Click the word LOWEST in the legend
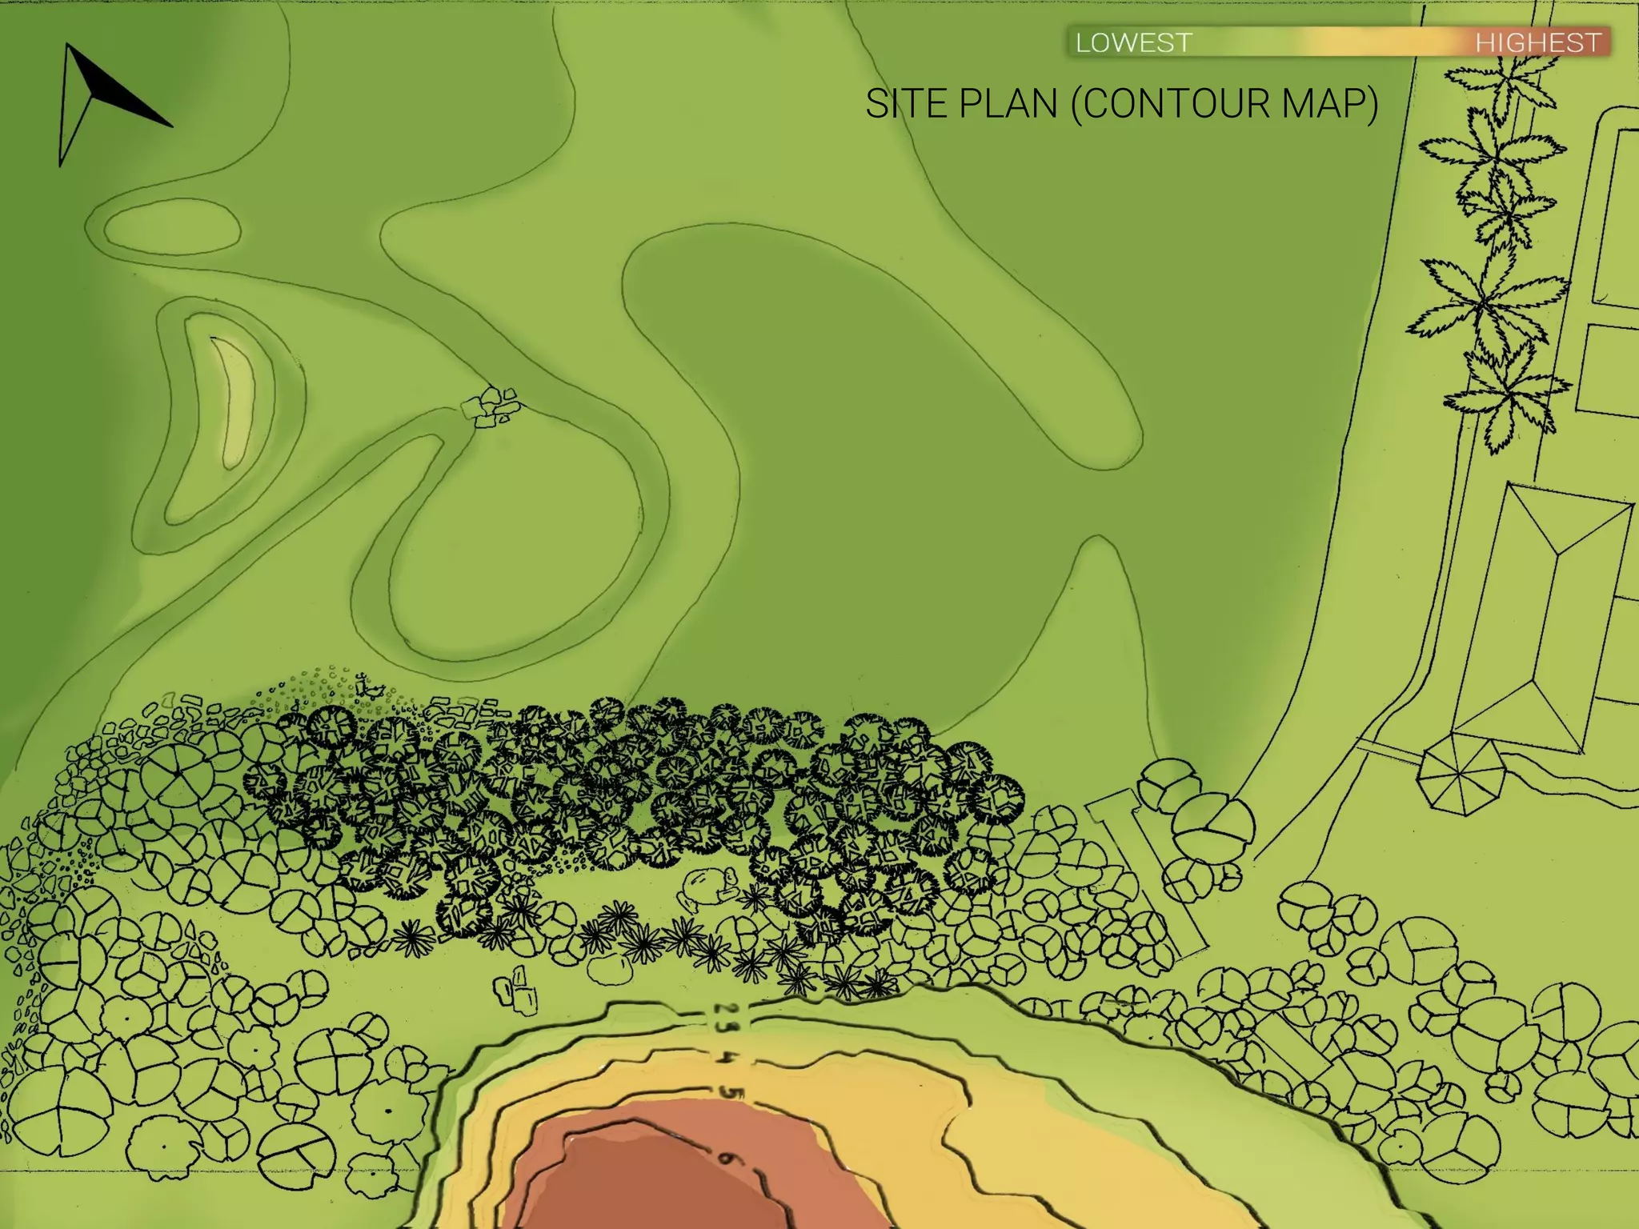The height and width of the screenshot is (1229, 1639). click(1133, 42)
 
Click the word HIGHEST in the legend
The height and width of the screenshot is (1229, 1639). click(1538, 42)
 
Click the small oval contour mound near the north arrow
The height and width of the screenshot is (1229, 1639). click(172, 226)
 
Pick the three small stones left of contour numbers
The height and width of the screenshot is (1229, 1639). click(518, 989)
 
